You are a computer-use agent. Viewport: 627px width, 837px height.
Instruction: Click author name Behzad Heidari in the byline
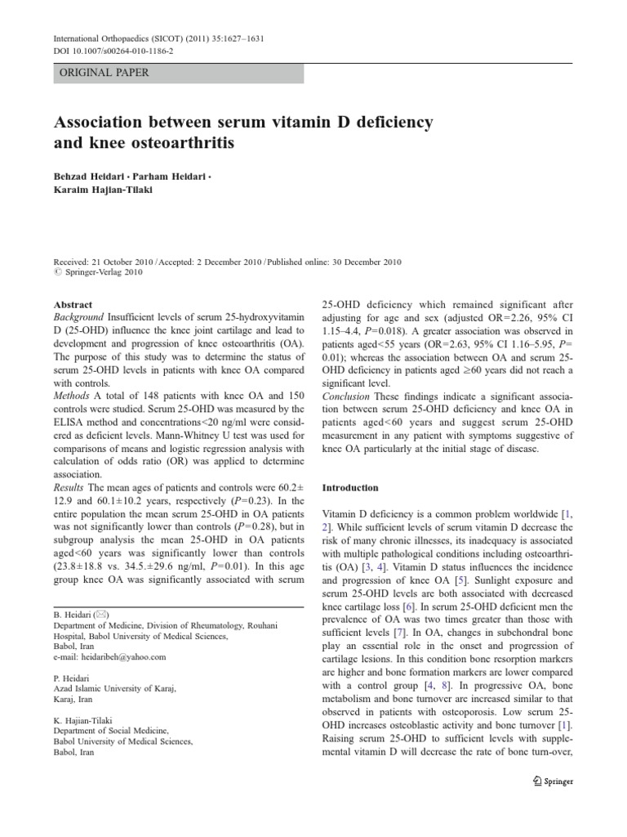(x=90, y=177)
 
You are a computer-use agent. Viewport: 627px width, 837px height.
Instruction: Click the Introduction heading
(x=350, y=488)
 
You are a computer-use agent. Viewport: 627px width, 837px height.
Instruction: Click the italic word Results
(x=70, y=487)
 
